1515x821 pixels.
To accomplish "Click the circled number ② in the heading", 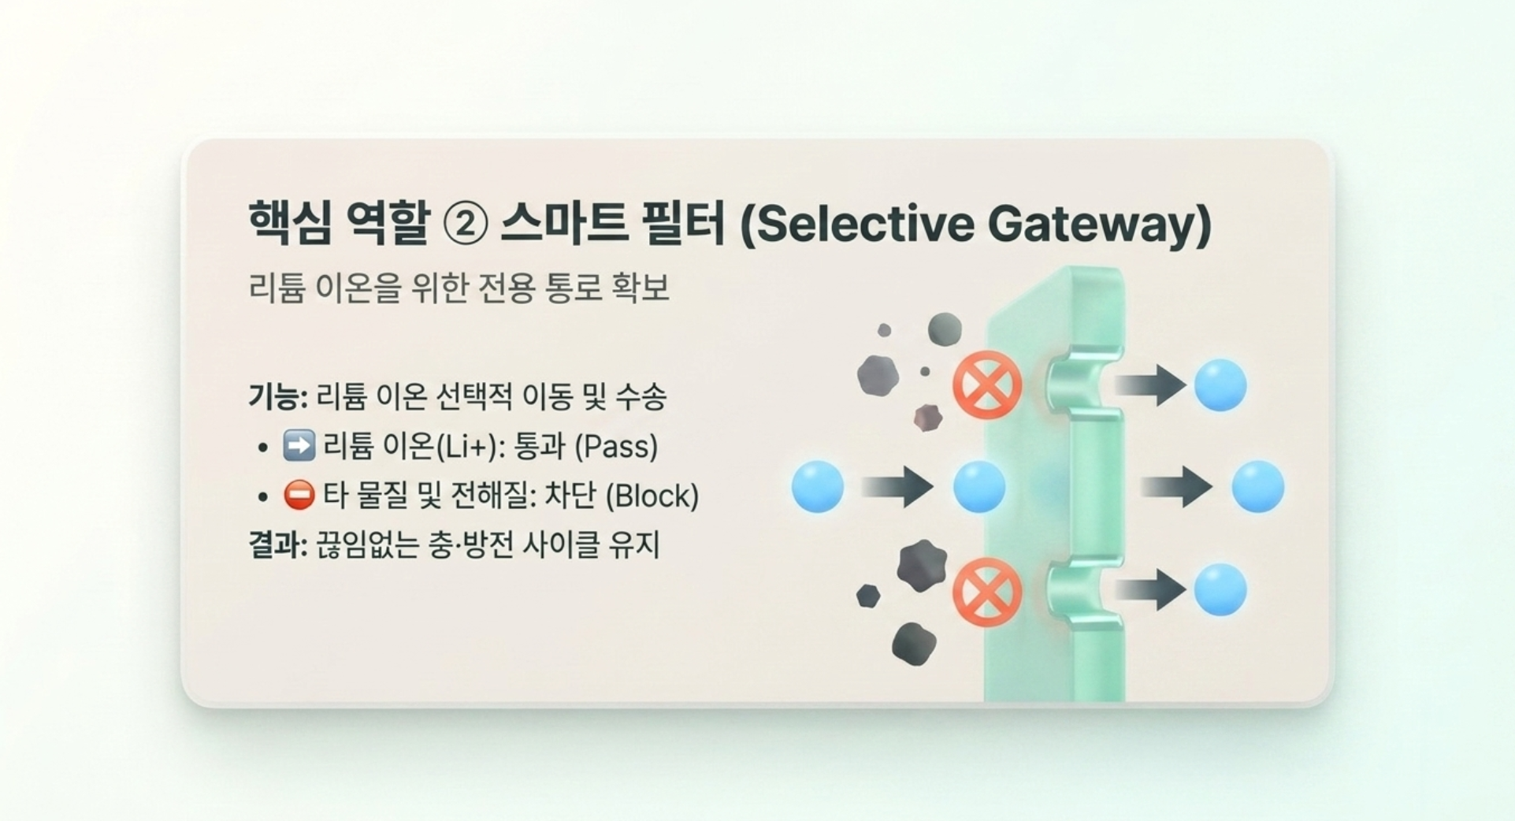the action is pyautogui.click(x=466, y=225).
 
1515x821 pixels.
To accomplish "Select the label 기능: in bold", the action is pyautogui.click(x=278, y=396).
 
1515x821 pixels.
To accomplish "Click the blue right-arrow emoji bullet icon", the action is pyautogui.click(x=299, y=446).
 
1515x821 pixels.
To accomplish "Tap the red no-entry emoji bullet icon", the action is pyautogui.click(x=299, y=495).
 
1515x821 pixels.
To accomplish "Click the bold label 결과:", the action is pyautogui.click(x=278, y=545).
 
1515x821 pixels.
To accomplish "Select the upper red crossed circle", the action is pyautogui.click(x=987, y=385).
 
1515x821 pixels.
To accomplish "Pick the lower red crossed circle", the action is pyautogui.click(x=987, y=592).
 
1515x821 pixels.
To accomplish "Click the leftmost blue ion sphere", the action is pyautogui.click(x=818, y=487).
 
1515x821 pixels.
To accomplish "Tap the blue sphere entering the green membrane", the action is pyautogui.click(x=979, y=487).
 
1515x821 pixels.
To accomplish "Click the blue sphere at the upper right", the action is pyautogui.click(x=1220, y=385).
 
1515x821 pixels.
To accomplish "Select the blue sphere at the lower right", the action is pyautogui.click(x=1220, y=590).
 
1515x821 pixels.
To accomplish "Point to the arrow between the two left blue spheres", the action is pyautogui.click(x=898, y=487).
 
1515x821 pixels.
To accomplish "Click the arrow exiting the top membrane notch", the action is pyautogui.click(x=1150, y=385).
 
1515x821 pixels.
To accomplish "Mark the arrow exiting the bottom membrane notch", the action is pyautogui.click(x=1150, y=590).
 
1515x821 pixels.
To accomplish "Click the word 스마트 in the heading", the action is pyautogui.click(x=564, y=224).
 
